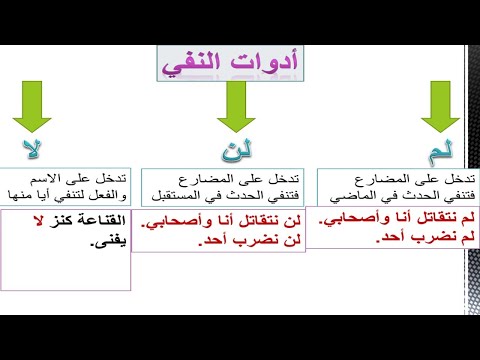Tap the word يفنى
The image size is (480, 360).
click(x=103, y=240)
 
